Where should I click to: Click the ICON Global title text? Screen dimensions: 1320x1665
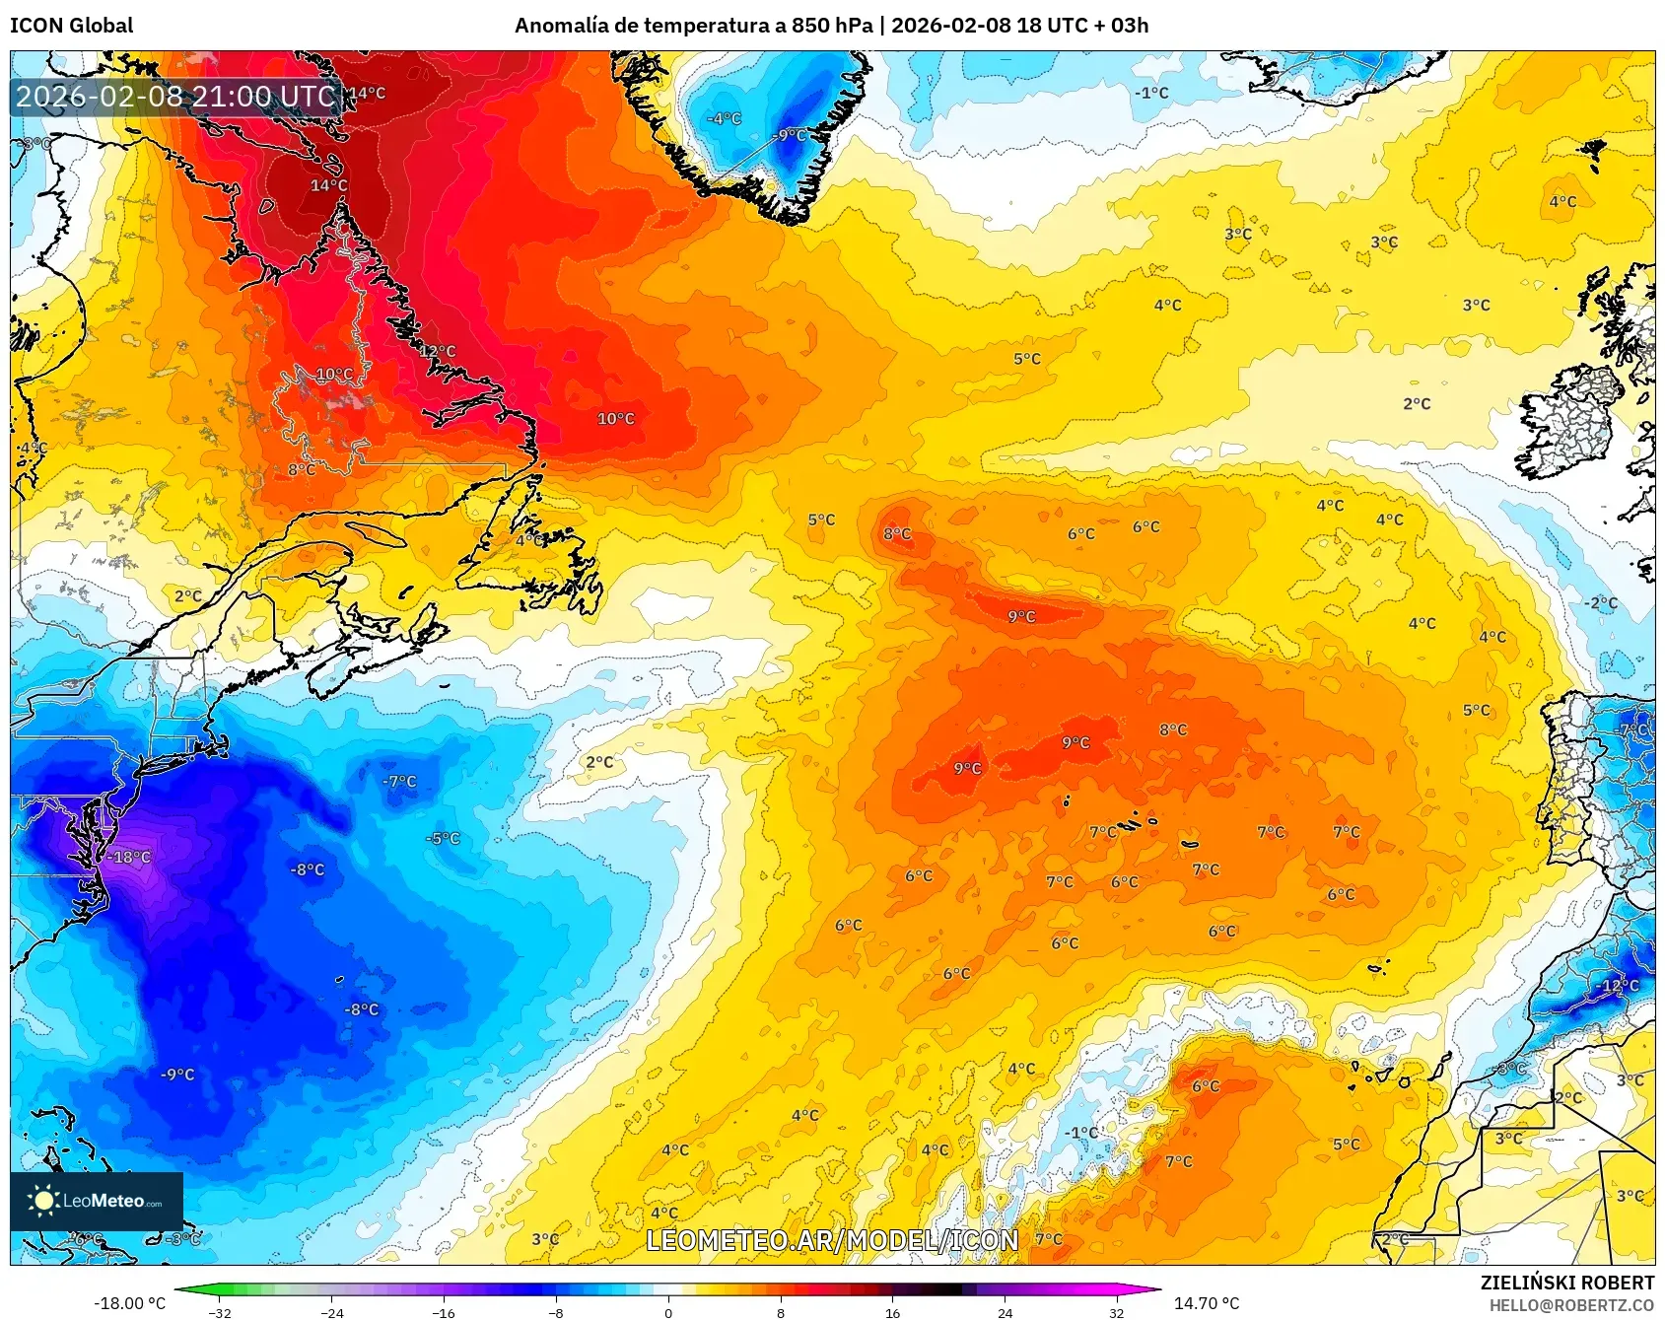[x=71, y=26]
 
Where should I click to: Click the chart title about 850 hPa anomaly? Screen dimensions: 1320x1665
[x=831, y=26]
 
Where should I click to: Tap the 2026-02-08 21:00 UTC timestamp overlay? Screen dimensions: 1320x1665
[x=175, y=97]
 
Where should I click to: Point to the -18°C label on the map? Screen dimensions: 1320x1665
[x=129, y=858]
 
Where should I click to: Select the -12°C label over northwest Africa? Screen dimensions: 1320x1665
[x=1618, y=986]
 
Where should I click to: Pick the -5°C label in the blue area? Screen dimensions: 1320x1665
[x=443, y=839]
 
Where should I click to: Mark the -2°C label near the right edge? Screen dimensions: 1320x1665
[x=1601, y=603]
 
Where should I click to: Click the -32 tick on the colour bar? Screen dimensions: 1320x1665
[x=220, y=1312]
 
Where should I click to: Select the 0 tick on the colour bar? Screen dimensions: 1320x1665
[x=668, y=1312]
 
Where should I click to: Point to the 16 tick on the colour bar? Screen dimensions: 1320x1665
[x=892, y=1312]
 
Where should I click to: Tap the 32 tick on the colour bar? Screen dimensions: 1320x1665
[x=1116, y=1312]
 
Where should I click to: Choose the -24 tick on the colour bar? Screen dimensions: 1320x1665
[x=332, y=1312]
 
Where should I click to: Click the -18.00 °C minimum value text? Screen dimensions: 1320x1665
[x=129, y=1303]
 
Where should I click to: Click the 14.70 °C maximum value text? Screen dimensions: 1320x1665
[x=1207, y=1303]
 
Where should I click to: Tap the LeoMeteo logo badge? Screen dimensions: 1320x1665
[x=97, y=1201]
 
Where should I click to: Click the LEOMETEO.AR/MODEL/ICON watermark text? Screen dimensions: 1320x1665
[x=832, y=1240]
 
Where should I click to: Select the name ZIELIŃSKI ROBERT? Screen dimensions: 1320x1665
[x=1566, y=1283]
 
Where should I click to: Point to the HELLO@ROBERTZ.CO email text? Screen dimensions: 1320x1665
[x=1571, y=1305]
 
